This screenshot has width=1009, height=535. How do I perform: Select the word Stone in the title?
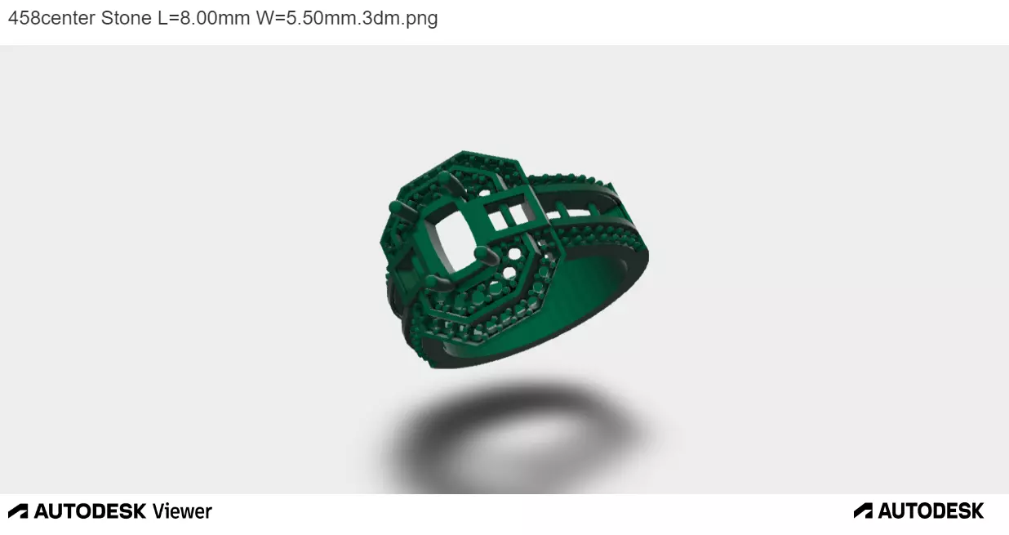(126, 18)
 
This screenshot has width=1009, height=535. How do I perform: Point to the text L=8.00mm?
(203, 18)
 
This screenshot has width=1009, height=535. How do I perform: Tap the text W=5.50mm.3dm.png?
(347, 18)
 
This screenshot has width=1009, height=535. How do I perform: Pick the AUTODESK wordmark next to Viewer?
(90, 511)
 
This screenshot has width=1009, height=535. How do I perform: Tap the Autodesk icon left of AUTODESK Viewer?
(18, 511)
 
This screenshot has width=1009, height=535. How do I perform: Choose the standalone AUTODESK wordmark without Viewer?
(931, 511)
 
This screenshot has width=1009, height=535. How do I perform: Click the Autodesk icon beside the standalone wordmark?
(863, 511)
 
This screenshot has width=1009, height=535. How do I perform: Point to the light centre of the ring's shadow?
(514, 441)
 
